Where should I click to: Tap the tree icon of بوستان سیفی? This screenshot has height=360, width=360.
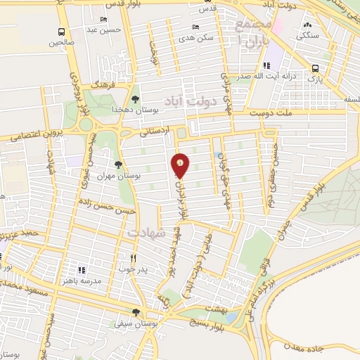coord(136,313)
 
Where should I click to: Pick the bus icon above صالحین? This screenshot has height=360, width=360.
coord(62,32)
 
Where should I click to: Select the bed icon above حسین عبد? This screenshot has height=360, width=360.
coord(104,19)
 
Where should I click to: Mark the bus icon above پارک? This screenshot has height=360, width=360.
coord(315,68)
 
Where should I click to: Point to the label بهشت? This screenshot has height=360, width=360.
coord(219,309)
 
